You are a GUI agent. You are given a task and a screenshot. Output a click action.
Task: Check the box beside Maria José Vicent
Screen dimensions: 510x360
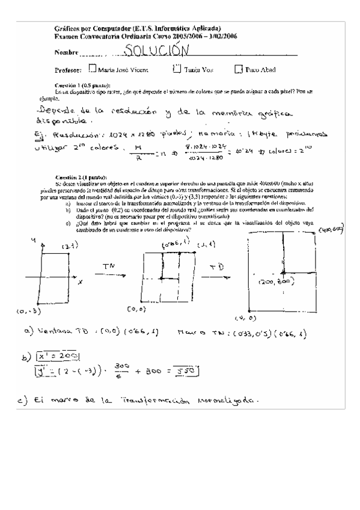tap(92, 69)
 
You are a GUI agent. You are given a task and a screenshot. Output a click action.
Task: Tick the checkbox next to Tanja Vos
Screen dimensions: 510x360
tap(176, 69)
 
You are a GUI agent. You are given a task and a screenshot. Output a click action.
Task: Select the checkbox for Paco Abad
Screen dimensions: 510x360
tap(239, 69)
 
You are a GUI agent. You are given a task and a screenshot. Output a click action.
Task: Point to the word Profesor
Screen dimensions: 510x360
tap(67, 70)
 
